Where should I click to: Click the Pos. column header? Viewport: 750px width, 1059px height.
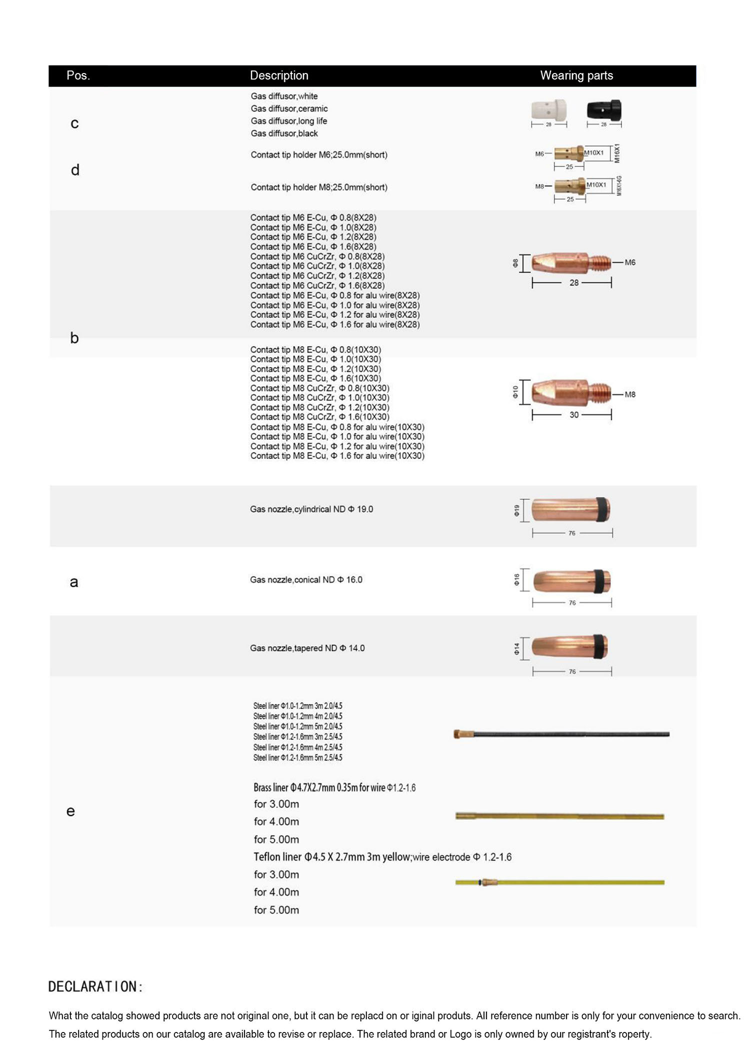pos(78,75)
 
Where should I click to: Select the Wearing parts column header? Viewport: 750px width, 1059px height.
pos(576,75)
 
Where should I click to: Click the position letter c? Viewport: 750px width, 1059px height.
pos(74,123)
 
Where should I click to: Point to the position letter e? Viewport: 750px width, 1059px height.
pos(70,811)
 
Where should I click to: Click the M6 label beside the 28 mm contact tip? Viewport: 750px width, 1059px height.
pos(630,262)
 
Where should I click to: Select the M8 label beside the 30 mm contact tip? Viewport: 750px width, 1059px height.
pos(630,394)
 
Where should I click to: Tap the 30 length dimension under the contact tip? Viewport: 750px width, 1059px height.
pos(574,415)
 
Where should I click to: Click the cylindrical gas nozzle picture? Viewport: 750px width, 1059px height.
pos(570,510)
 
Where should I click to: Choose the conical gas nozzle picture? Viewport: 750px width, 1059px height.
pos(571,581)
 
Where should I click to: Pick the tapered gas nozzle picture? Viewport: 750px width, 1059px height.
pos(569,646)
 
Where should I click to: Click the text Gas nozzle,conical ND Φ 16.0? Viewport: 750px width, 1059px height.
pos(306,580)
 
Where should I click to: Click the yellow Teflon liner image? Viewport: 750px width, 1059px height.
pos(559,882)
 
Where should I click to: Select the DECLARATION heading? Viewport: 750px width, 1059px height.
pos(95,986)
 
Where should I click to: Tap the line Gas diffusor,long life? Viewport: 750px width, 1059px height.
pos(289,121)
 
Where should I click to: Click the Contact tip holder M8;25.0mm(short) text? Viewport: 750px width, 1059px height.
pos(319,187)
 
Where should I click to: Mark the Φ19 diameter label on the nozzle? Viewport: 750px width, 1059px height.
pos(516,510)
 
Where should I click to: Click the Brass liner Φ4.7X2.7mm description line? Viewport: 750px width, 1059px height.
pos(334,787)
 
